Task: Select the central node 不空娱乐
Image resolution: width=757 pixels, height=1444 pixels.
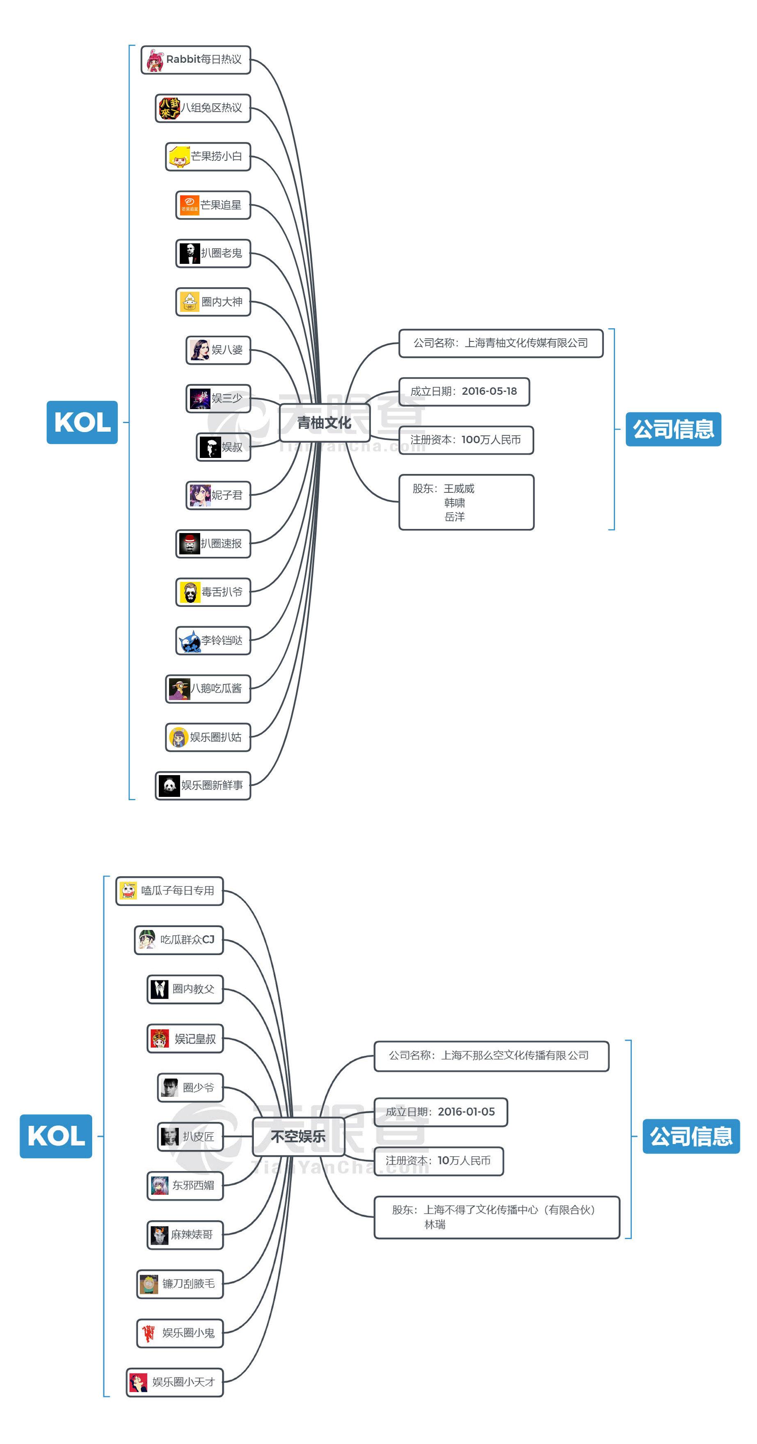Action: [x=298, y=1136]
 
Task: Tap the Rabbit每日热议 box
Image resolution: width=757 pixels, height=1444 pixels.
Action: [x=196, y=60]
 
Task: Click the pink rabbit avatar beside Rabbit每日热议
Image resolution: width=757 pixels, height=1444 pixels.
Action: [x=155, y=60]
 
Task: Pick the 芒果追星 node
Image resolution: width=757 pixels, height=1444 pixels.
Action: [x=213, y=205]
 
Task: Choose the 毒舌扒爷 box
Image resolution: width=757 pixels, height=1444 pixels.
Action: [x=213, y=592]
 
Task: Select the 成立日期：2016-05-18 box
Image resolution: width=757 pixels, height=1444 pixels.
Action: [x=464, y=391]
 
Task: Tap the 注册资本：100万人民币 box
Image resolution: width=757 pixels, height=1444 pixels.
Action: [x=466, y=440]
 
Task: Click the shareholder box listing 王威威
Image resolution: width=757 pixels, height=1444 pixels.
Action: [x=466, y=502]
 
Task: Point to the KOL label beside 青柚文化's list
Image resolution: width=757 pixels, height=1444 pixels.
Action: [x=82, y=422]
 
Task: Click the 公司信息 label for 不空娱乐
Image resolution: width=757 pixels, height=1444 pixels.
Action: [x=691, y=1136]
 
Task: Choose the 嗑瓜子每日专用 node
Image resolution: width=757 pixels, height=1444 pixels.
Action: [x=169, y=891]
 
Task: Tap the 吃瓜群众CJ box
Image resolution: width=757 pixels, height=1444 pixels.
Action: [x=179, y=940]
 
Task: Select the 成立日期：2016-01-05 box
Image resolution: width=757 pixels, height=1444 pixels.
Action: [x=440, y=1112]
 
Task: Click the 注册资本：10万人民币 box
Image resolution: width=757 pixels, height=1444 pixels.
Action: [x=438, y=1160]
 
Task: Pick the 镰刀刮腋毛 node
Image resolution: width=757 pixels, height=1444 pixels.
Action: [x=180, y=1284]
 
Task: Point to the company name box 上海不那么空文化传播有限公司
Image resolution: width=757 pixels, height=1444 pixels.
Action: [x=491, y=1055]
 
